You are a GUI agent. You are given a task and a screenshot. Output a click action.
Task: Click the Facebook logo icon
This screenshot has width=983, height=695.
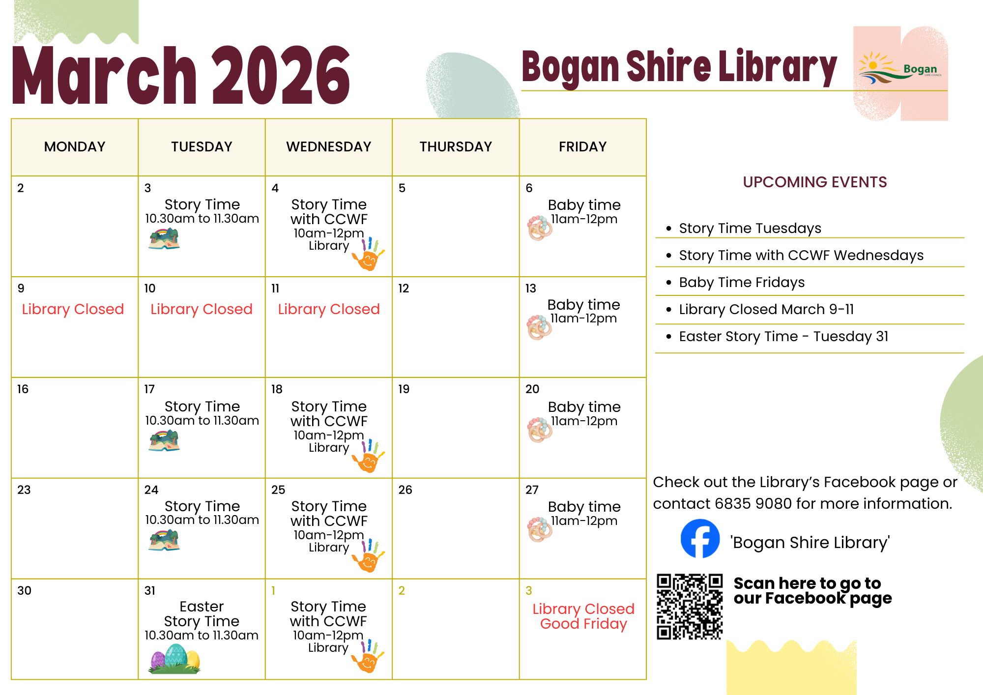pyautogui.click(x=700, y=539)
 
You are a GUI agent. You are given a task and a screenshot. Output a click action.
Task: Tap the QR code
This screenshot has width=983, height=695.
pyautogui.click(x=690, y=607)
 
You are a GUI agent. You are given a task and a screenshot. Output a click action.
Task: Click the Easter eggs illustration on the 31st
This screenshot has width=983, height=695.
pyautogui.click(x=175, y=659)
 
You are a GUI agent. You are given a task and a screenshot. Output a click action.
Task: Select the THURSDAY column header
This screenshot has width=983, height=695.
pyautogui.click(x=456, y=146)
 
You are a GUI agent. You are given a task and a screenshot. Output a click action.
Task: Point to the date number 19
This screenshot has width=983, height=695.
pyautogui.click(x=404, y=389)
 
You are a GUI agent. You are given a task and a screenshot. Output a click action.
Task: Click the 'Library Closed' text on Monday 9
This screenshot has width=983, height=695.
pyautogui.click(x=73, y=309)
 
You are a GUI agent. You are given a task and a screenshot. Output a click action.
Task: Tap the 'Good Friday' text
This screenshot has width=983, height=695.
pyautogui.click(x=583, y=624)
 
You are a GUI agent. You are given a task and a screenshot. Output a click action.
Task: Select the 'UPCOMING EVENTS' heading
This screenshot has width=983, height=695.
pyautogui.click(x=814, y=182)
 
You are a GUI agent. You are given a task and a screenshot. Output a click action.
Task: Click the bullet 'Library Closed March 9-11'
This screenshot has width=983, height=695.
pyautogui.click(x=766, y=309)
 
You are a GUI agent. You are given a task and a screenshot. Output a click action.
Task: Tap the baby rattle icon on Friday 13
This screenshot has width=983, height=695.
pyautogui.click(x=539, y=327)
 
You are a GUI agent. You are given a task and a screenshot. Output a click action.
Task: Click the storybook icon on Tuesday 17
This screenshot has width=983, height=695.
pyautogui.click(x=164, y=440)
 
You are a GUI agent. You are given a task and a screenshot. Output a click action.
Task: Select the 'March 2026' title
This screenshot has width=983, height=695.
pyautogui.click(x=181, y=75)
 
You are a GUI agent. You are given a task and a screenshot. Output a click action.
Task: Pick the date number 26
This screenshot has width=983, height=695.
pyautogui.click(x=405, y=490)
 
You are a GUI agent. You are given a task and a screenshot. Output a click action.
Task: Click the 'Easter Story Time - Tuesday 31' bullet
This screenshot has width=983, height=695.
pyautogui.click(x=783, y=336)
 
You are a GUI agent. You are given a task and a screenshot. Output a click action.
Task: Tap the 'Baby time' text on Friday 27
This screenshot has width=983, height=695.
pyautogui.click(x=584, y=507)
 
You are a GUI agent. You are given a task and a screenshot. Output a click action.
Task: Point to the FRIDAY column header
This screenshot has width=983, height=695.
pyautogui.click(x=582, y=146)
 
